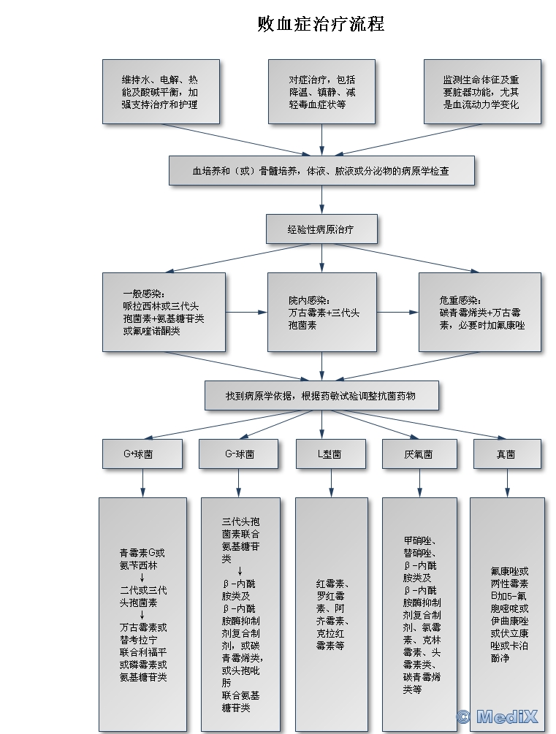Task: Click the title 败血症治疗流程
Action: coord(321,24)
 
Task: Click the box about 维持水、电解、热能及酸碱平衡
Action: coord(161,91)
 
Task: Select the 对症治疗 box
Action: coord(321,91)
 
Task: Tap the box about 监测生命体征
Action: coord(482,91)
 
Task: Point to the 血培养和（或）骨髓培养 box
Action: coord(321,171)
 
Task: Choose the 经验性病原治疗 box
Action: coord(321,229)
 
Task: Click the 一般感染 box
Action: coord(164,312)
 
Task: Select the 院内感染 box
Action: coord(321,312)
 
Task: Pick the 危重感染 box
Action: coord(479,312)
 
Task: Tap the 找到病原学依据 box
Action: coord(321,395)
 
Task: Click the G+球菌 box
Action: coord(142,454)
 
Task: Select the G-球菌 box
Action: coord(239,454)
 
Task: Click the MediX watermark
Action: coord(498,716)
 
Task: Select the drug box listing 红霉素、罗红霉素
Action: coord(331,614)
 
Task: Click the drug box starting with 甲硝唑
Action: coord(419,614)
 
